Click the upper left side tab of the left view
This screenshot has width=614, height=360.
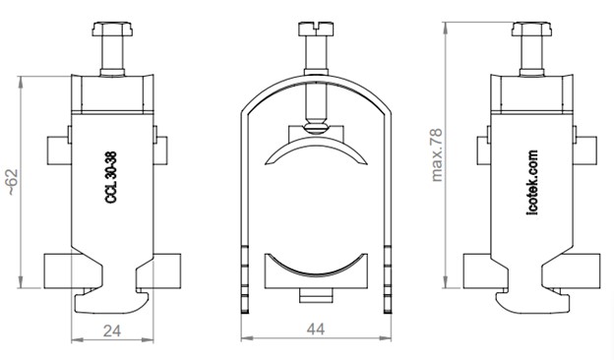tap(56, 149)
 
